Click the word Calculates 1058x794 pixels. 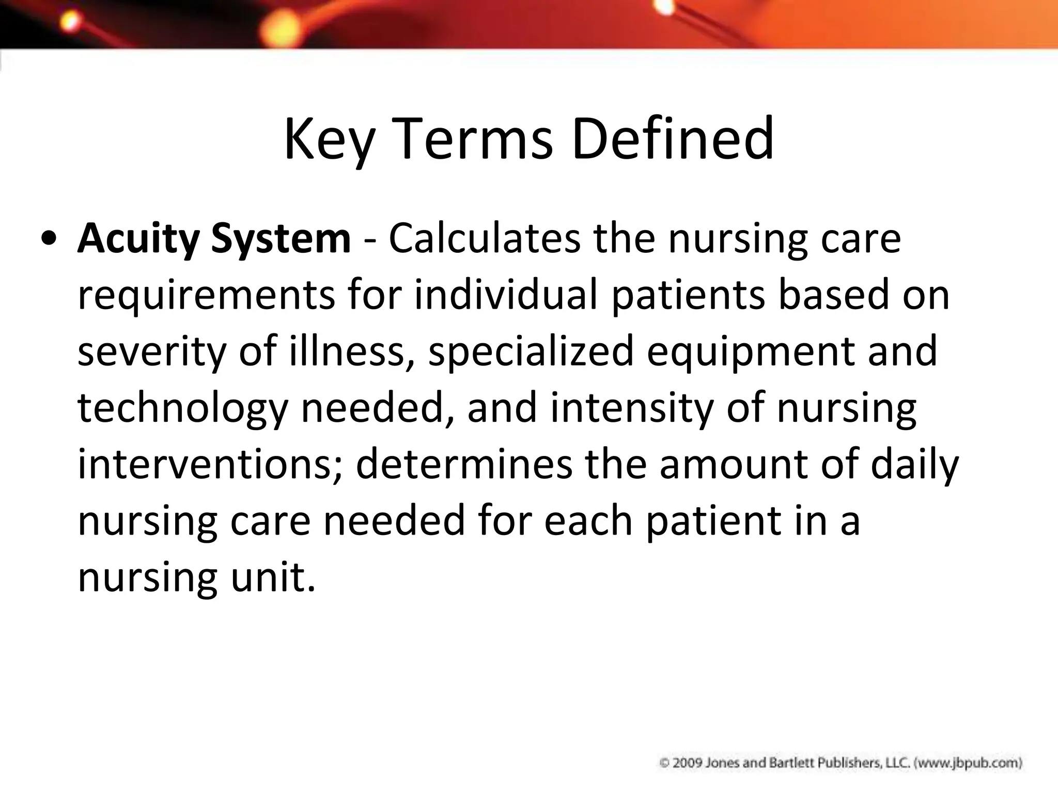[x=485, y=239]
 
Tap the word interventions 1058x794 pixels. [x=210, y=464]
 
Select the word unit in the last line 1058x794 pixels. [x=273, y=577]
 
